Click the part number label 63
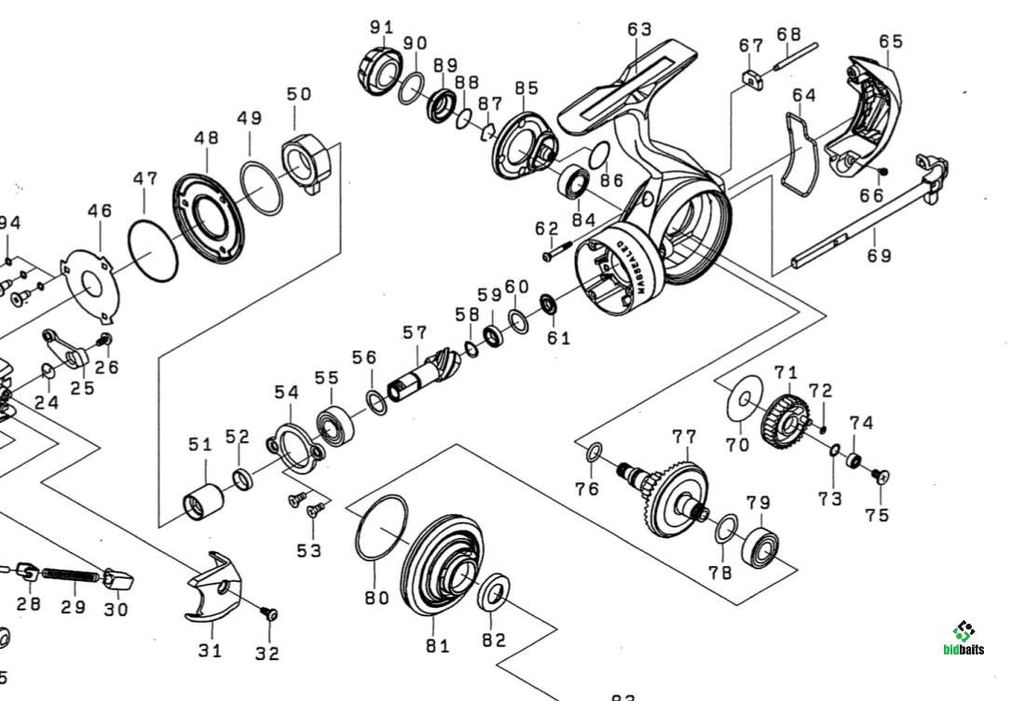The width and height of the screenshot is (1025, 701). (x=639, y=30)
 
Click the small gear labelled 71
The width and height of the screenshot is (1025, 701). (x=784, y=418)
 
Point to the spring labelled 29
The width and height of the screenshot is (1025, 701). (x=72, y=577)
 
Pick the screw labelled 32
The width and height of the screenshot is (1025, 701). (x=269, y=613)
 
